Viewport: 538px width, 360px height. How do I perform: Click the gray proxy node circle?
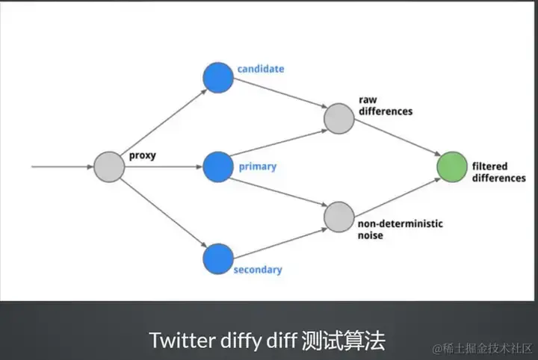(x=108, y=167)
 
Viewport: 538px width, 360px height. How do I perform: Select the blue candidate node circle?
(x=218, y=78)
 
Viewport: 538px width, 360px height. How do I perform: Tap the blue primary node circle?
(x=218, y=167)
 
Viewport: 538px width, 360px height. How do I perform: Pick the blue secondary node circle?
(x=218, y=258)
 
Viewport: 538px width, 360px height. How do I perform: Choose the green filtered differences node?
(x=451, y=167)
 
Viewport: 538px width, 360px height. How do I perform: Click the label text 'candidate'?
(x=260, y=69)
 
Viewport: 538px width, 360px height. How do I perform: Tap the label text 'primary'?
(x=257, y=167)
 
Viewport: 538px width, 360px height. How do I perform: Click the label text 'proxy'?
(x=143, y=156)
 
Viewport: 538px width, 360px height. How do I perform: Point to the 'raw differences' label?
(x=386, y=105)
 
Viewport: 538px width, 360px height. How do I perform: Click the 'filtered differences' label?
(x=498, y=172)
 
